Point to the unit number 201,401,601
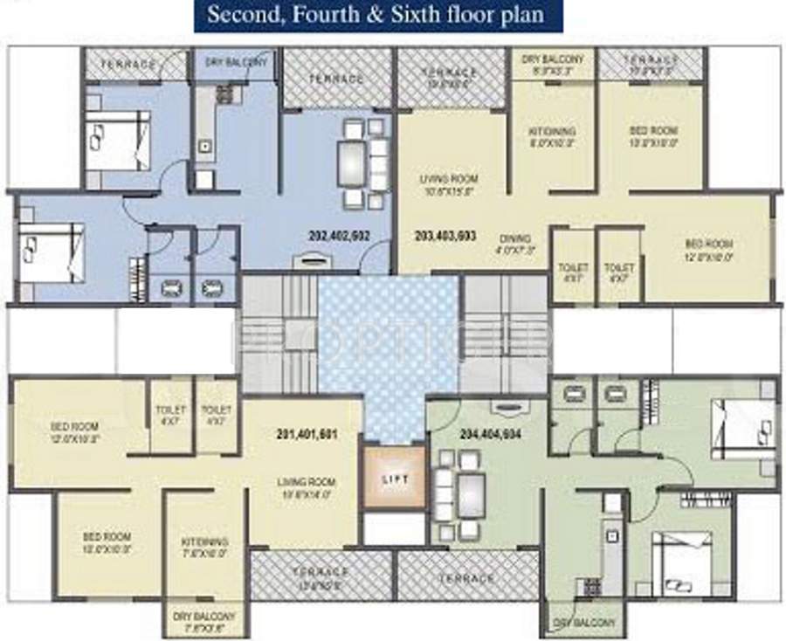(x=306, y=434)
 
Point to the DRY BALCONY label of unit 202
(x=237, y=63)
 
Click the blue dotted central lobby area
(x=388, y=349)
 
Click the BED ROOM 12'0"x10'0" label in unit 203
(x=708, y=249)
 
